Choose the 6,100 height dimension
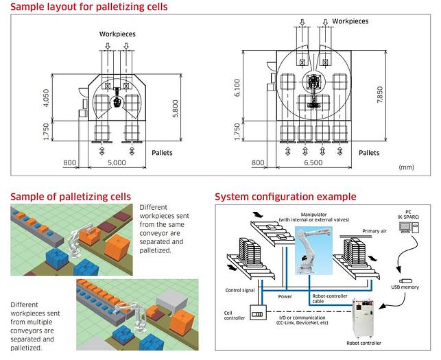click(x=237, y=87)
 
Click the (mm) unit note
click(x=406, y=167)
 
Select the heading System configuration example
click(x=285, y=197)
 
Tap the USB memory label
click(x=405, y=287)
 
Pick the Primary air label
click(x=375, y=232)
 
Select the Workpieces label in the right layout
click(x=351, y=21)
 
